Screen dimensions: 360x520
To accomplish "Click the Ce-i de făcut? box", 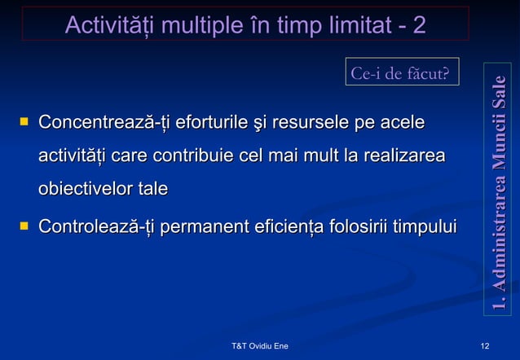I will pos(399,73).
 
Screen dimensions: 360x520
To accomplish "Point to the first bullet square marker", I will pos(24,123).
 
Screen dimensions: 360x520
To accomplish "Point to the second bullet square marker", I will pos(24,224).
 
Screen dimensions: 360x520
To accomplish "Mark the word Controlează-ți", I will pos(98,225).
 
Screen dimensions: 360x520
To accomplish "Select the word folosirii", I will pos(359,225).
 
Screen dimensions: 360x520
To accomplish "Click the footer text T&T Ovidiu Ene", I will pos(260,347).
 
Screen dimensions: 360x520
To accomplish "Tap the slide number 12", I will pos(486,347).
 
